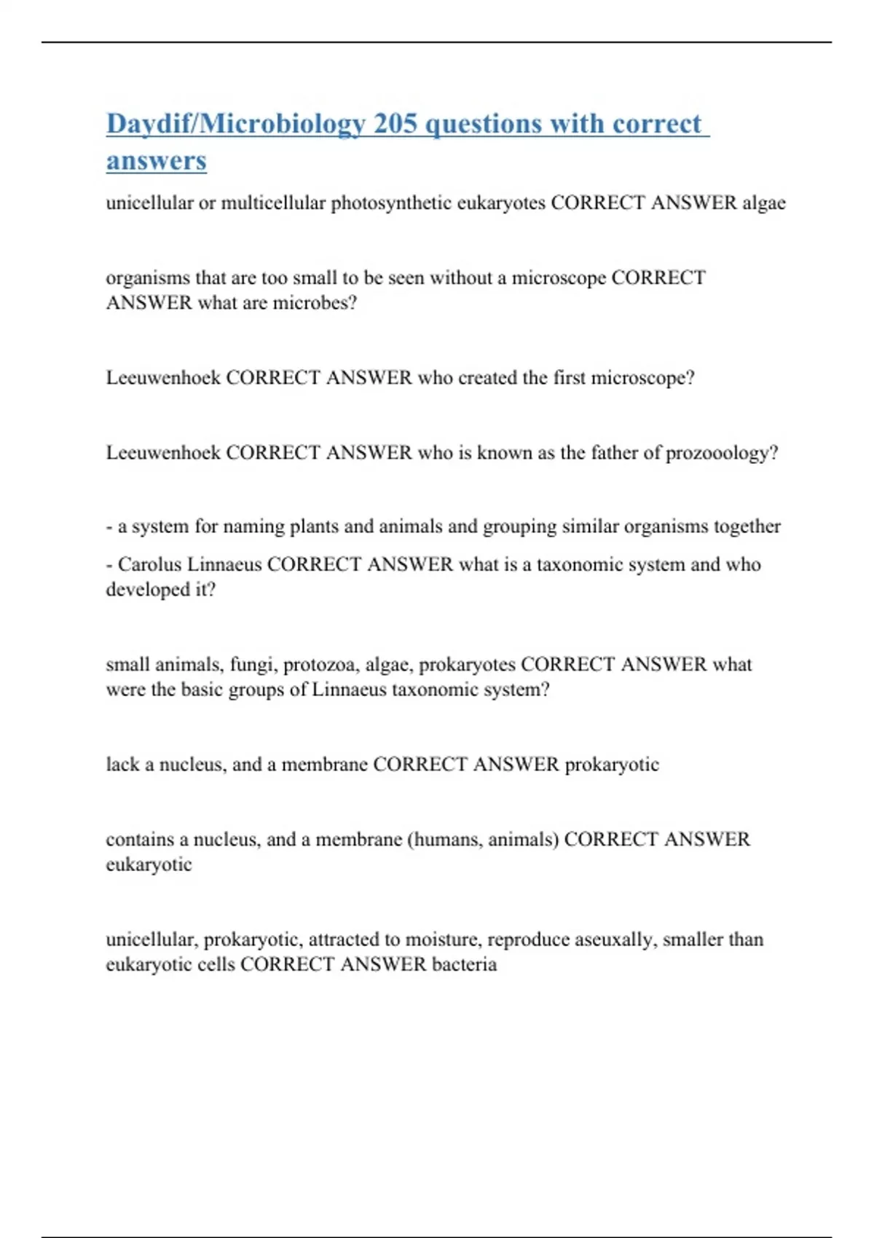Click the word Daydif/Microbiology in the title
235,124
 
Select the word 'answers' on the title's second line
156,161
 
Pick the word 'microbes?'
315,303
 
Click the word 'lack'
122,765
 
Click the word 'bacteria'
464,965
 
